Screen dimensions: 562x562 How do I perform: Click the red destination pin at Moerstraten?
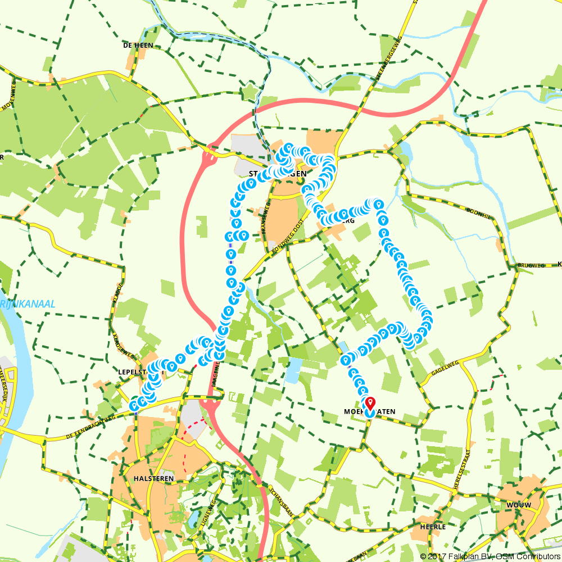(x=370, y=403)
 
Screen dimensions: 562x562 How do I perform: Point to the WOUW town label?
(x=518, y=504)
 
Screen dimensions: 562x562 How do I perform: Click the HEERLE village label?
(x=433, y=527)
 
